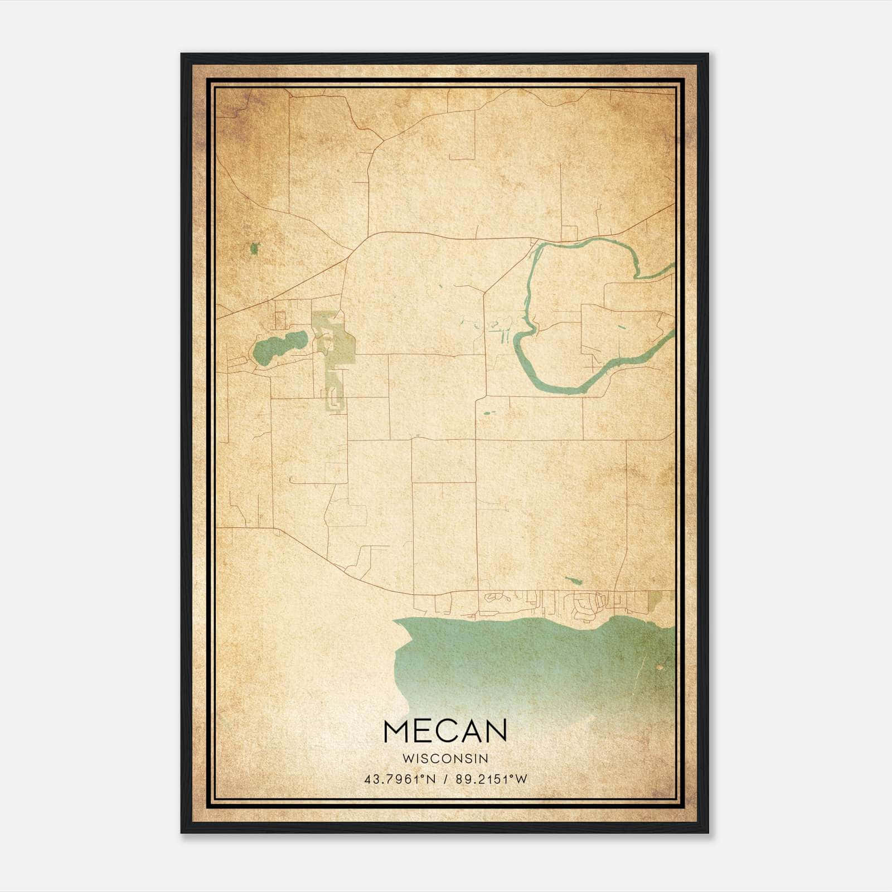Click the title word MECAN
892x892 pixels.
coord(445,730)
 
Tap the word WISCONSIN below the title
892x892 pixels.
coord(445,759)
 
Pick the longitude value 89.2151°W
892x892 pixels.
coord(491,779)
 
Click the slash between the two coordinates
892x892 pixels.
coord(444,779)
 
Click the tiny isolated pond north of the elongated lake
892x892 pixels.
coord(254,248)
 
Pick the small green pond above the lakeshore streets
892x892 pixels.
coord(573,580)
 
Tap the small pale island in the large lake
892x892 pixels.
coord(661,667)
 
